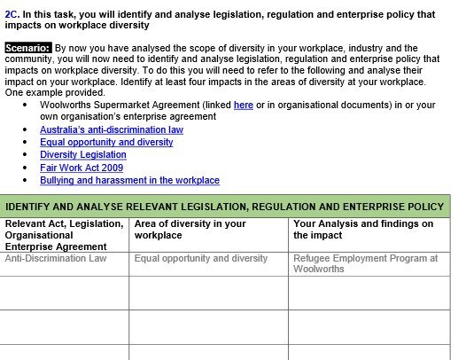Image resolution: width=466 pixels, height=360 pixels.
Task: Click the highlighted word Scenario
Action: coord(27,47)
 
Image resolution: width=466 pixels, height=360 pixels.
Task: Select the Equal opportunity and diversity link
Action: coord(106,142)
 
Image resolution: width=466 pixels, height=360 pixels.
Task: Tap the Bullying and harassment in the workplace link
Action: coord(129,180)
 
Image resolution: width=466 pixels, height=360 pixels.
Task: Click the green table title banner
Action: coord(226,207)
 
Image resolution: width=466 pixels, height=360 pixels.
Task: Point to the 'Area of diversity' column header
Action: coord(190,230)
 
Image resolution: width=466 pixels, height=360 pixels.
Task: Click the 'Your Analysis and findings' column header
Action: coord(363,230)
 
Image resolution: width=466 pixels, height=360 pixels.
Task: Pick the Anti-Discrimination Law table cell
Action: coord(56,259)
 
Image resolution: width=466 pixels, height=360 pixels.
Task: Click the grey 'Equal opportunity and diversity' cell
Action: coord(201,259)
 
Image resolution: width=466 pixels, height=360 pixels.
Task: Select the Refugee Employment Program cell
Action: coord(365,263)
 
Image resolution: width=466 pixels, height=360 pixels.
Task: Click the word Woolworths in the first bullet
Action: coord(66,105)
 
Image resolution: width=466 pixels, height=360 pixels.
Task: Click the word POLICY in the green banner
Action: coord(422,207)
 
